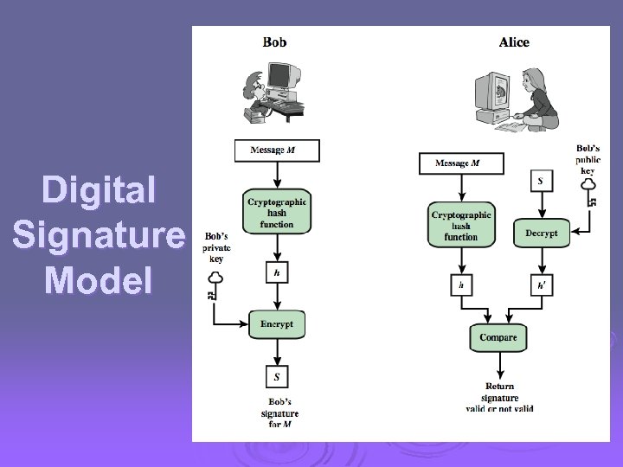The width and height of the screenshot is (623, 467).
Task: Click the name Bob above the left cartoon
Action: pos(275,42)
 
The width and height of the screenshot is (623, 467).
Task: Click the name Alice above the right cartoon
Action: pos(514,42)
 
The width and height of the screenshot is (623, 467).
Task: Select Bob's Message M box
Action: pos(277,150)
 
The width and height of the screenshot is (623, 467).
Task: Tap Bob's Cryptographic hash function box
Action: pos(277,213)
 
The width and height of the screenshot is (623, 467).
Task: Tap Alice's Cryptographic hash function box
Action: pos(461,225)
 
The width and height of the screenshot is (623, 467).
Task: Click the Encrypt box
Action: pos(277,324)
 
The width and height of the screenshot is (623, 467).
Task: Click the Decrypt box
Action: pos(542,233)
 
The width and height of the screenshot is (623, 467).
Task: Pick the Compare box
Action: pos(498,337)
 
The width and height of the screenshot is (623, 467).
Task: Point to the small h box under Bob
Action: pos(277,272)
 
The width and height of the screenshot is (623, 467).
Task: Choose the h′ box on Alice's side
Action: pos(541,285)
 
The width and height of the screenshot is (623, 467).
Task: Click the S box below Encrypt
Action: pos(277,376)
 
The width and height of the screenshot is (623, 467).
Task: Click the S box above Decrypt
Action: pos(541,182)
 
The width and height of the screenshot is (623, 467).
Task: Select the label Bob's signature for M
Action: pos(279,413)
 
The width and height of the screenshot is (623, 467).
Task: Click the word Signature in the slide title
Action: pos(98,235)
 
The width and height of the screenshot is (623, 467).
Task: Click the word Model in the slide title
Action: pos(98,280)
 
